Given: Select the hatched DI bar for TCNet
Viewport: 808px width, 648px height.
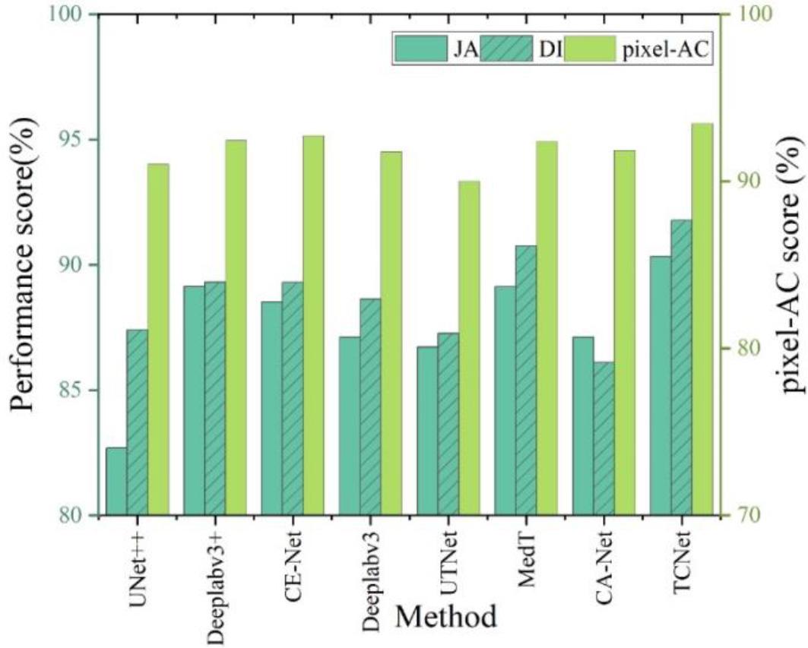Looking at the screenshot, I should pos(682,368).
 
